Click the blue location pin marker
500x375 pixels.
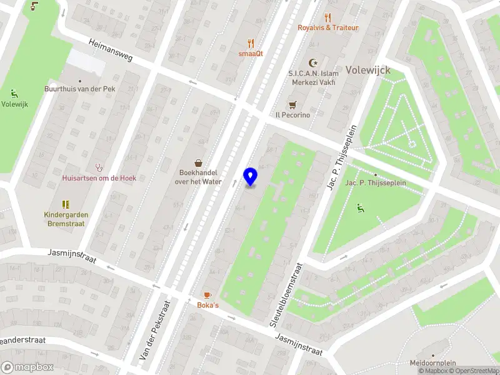(251, 177)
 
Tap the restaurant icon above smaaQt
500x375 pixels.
(251, 43)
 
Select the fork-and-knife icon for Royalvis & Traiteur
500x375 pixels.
(327, 17)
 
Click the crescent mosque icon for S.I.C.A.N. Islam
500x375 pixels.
(313, 62)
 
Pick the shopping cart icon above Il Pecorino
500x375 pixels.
(292, 105)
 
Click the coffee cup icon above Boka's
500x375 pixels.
(207, 295)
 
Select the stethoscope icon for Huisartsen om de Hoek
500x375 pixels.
(98, 167)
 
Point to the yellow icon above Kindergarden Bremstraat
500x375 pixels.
(66, 204)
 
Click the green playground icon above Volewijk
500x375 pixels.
(14, 94)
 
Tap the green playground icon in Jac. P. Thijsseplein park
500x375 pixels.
(360, 208)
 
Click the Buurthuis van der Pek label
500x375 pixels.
(79, 89)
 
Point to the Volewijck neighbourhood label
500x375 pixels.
(368, 70)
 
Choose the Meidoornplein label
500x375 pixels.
(433, 362)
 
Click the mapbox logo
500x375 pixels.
(27, 367)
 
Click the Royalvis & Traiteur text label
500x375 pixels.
(327, 27)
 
